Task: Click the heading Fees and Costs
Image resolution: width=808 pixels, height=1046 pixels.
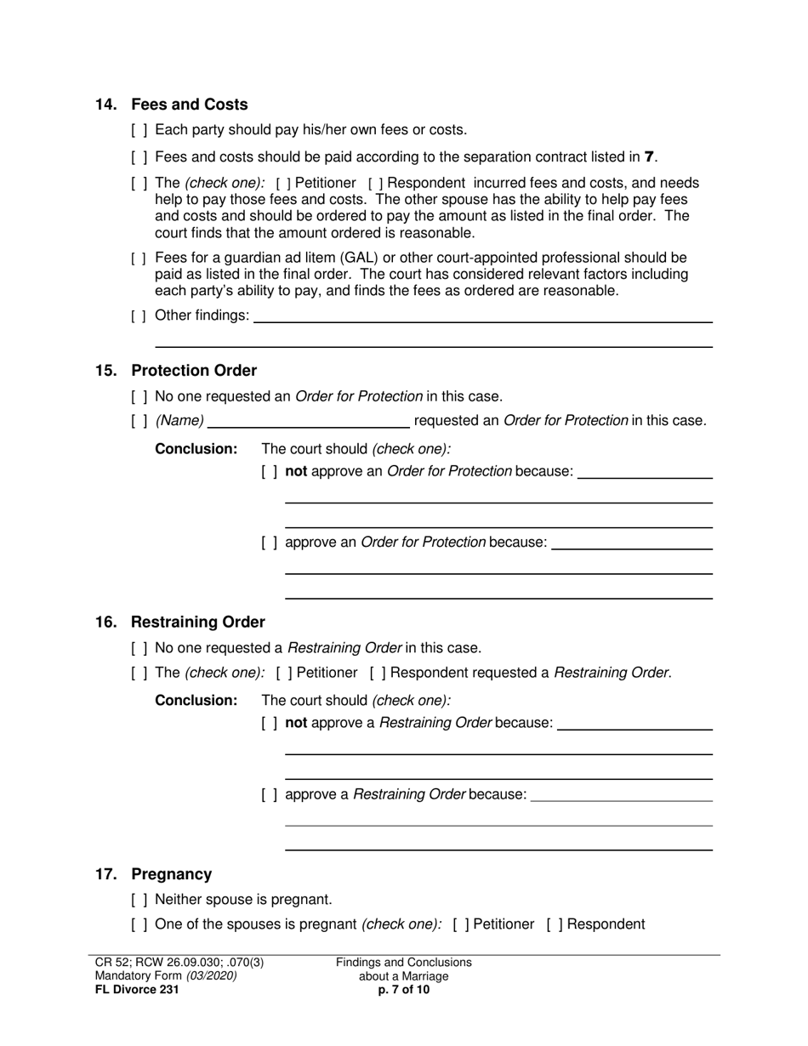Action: [x=189, y=105]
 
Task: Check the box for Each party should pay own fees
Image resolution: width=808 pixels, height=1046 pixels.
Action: [x=139, y=131]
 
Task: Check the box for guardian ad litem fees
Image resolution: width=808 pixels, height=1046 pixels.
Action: [x=139, y=259]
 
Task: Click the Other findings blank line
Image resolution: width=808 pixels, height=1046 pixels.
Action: [x=482, y=316]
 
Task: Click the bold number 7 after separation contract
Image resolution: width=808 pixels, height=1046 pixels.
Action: [x=651, y=156]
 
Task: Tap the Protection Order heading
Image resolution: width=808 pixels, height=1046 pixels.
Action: [x=193, y=371]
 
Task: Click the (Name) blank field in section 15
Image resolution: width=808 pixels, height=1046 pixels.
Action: [x=309, y=421]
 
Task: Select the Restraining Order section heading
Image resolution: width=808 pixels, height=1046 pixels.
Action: [x=197, y=622]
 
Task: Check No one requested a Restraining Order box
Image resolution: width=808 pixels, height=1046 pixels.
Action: [x=139, y=649]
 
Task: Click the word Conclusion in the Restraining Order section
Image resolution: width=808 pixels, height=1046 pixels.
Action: [x=196, y=701]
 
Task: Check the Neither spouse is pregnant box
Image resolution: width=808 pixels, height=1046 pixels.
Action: [x=139, y=901]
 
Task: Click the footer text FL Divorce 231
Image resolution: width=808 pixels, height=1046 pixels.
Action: [x=137, y=989]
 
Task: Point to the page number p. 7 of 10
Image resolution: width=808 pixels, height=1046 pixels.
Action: [x=404, y=989]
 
